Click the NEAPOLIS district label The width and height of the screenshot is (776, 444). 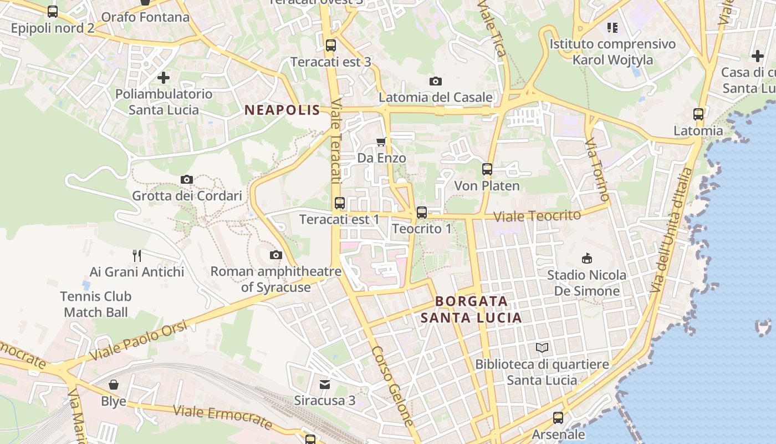coord(283,110)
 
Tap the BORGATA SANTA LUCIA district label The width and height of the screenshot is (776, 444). coord(471,309)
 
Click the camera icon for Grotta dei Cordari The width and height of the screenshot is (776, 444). coord(187,179)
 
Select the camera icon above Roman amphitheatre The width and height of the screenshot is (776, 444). coord(275,255)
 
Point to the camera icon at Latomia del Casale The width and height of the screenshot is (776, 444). coord(436,81)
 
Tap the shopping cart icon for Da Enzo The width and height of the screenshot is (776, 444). coord(381,142)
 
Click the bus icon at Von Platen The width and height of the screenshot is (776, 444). coord(487,169)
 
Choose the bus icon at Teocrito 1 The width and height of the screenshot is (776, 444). coord(422,212)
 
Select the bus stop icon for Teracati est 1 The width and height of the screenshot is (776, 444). coord(340,203)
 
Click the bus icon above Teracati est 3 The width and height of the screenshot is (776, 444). coord(331,46)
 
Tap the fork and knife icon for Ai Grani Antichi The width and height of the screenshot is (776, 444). coord(137,255)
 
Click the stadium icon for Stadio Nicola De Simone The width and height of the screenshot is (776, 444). coord(586,258)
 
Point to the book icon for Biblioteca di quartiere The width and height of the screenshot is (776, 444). coord(542,348)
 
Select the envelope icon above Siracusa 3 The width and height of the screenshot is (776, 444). coord(325,384)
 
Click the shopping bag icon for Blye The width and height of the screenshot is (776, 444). coord(114,385)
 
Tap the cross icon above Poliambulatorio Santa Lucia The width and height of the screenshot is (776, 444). coord(164,78)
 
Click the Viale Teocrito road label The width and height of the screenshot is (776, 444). coord(537,215)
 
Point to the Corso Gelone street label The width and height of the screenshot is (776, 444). coord(394,387)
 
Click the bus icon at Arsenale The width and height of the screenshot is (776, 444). coord(558,418)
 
